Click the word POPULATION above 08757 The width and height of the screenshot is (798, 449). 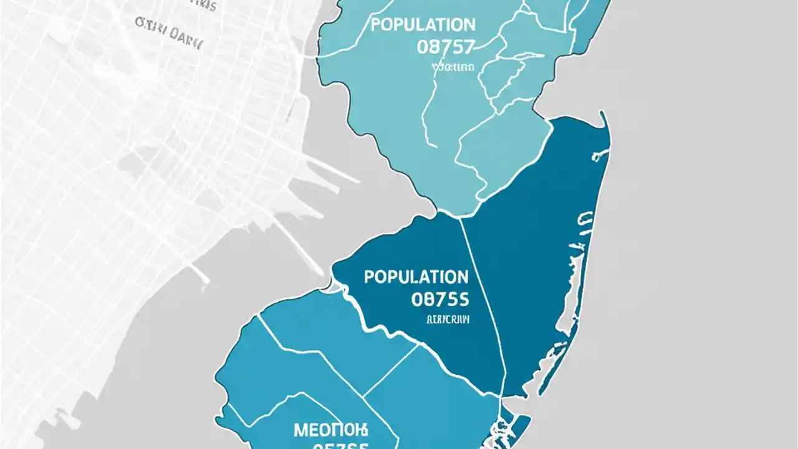click(x=423, y=26)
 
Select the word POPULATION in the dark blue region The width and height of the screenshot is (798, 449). click(x=416, y=277)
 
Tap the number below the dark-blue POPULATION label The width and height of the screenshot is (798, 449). click(x=440, y=299)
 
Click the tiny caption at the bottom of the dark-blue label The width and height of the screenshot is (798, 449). click(x=448, y=320)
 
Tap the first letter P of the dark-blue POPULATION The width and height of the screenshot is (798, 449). click(x=369, y=277)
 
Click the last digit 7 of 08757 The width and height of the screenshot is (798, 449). click(x=469, y=47)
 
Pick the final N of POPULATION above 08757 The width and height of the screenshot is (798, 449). click(x=469, y=26)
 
